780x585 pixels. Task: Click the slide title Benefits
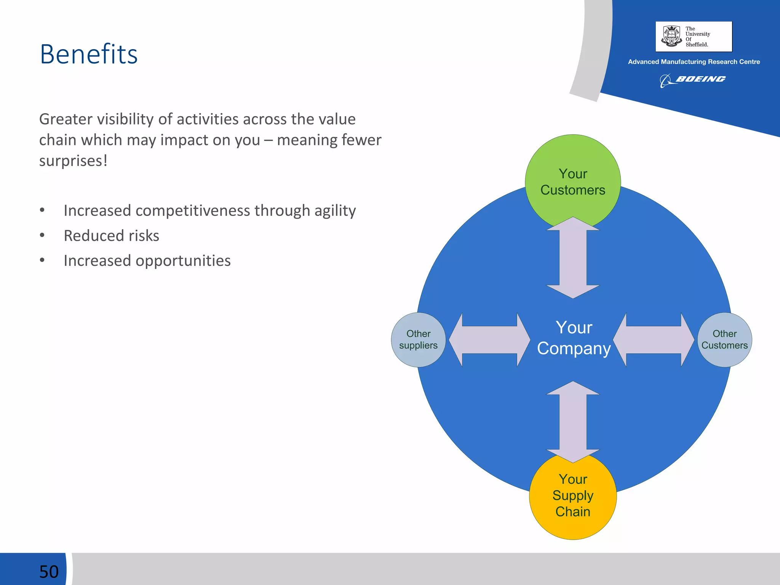88,54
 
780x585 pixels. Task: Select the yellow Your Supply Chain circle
572,495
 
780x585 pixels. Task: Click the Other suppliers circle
418,339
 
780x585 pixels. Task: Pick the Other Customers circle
724,339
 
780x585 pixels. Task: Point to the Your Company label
574,338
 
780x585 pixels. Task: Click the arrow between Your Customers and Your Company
573,258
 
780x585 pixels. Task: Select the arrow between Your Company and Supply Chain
573,422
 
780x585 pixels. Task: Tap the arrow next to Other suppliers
489,340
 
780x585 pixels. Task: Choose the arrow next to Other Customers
654,340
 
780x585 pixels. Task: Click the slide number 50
49,571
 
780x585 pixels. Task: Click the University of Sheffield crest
671,36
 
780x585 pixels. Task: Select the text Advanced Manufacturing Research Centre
694,62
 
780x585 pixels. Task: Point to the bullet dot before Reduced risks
42,235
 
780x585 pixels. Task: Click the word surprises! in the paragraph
73,161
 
